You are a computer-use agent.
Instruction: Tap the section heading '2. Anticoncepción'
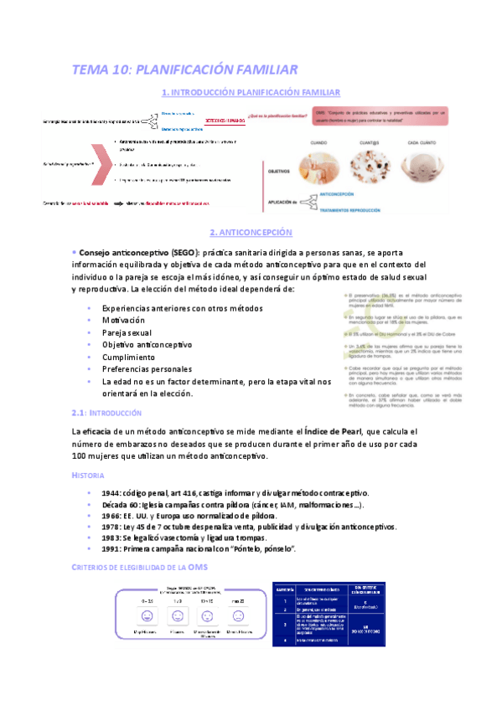(x=251, y=231)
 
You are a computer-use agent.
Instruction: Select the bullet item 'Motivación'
(x=122, y=320)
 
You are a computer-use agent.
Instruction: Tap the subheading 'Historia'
(x=88, y=475)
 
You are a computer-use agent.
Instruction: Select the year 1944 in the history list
(x=113, y=492)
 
